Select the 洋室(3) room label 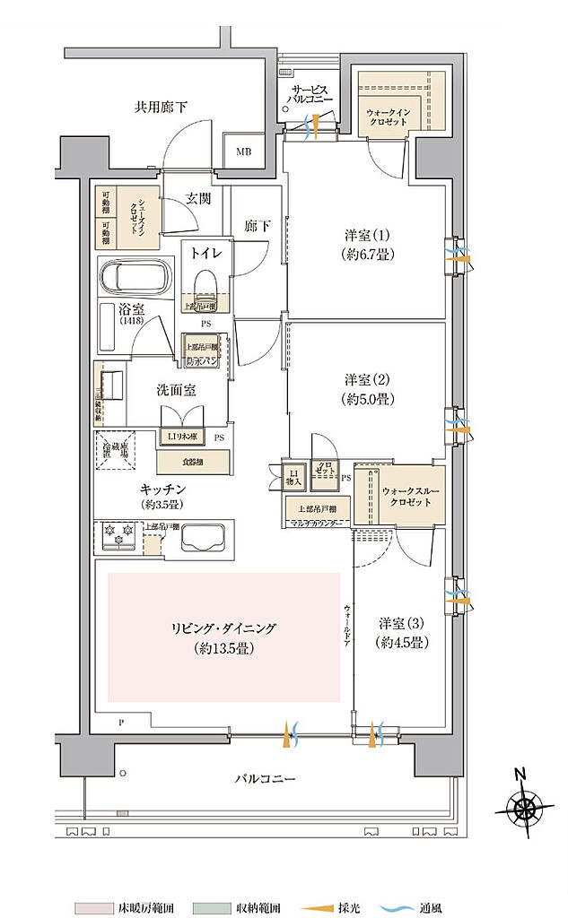coord(401,632)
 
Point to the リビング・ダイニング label coord(224,637)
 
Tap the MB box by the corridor coord(244,152)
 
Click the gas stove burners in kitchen coord(119,540)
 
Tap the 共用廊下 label coord(161,108)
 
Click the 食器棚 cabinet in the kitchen coord(192,462)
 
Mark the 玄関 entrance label coord(198,200)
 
